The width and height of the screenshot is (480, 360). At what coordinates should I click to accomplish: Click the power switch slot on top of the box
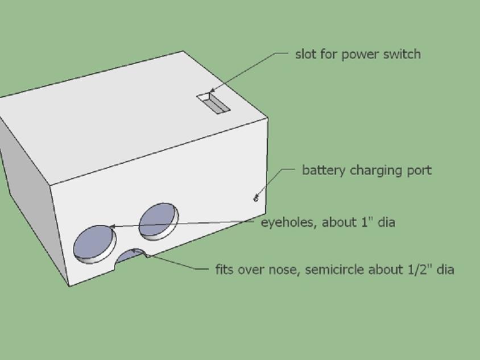tap(213, 103)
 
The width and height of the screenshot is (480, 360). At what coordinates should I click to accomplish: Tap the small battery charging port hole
tap(256, 199)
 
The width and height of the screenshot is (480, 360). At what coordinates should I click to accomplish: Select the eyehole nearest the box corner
tap(95, 244)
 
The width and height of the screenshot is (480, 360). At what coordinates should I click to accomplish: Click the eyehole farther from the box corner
tap(159, 221)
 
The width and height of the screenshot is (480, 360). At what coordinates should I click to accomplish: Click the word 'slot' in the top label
tap(305, 54)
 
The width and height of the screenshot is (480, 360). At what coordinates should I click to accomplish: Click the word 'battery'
tap(323, 171)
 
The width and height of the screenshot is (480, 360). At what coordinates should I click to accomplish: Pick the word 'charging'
tap(376, 171)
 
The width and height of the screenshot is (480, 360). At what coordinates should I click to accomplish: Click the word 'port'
tap(419, 171)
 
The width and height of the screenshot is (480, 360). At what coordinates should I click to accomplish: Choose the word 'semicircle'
tap(333, 270)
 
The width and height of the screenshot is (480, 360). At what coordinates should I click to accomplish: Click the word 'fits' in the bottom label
tap(224, 269)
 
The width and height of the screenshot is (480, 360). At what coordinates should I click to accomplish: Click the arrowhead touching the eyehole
tap(113, 226)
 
